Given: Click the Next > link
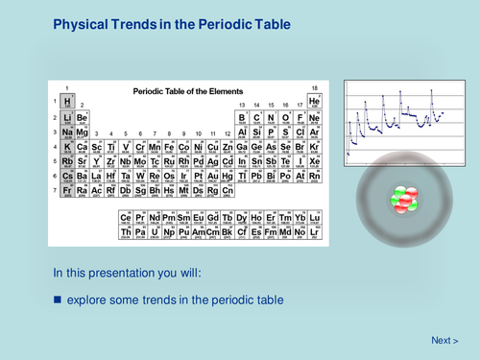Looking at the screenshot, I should (444, 341).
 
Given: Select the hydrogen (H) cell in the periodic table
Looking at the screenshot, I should (67, 101).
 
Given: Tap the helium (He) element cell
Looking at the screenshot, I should (314, 101).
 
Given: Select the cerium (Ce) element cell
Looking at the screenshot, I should (126, 218).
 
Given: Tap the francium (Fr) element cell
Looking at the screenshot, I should (67, 191).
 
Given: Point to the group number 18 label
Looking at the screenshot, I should (314, 88).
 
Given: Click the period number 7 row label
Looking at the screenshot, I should (56, 191).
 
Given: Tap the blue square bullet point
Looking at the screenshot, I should (57, 300).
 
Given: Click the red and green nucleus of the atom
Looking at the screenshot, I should (402, 199).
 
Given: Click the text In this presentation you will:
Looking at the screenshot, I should (127, 273).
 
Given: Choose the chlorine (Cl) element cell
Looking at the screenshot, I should (300, 132).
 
